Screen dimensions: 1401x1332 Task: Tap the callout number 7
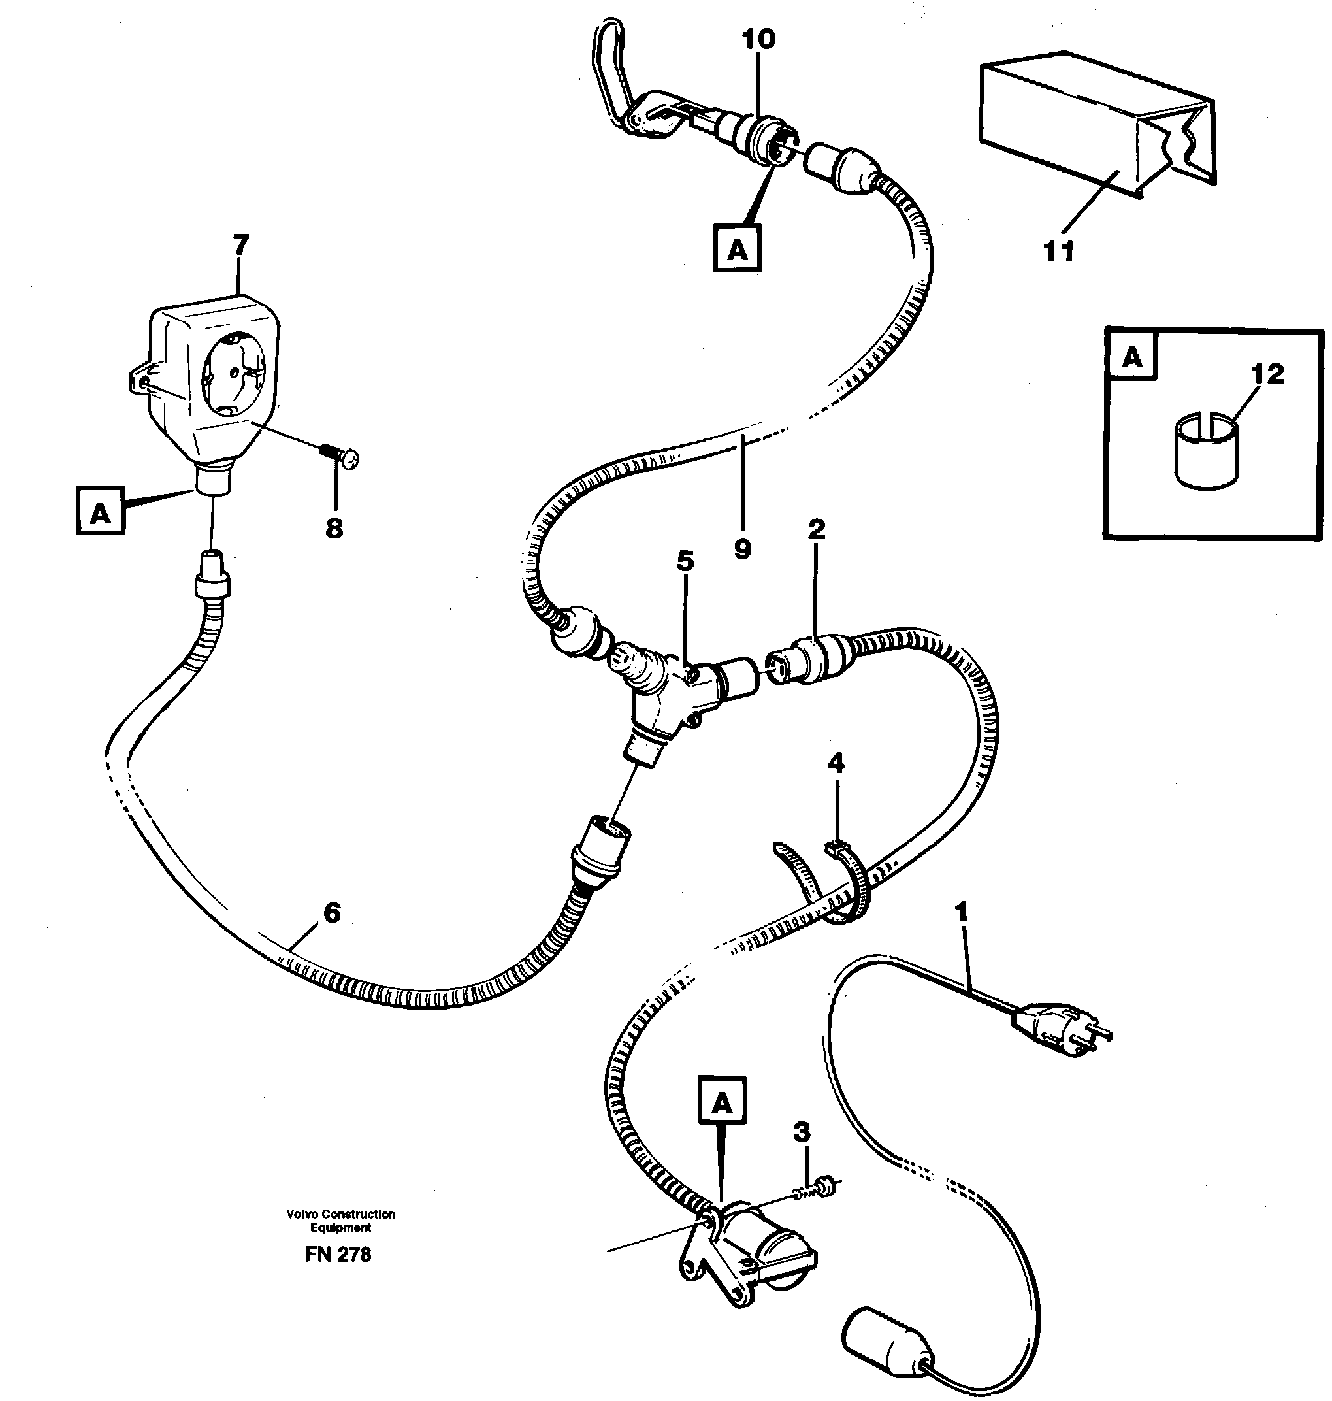[x=240, y=245]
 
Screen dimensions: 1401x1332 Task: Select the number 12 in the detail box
[x=1268, y=374]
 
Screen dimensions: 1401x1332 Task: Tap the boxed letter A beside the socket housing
[x=100, y=511]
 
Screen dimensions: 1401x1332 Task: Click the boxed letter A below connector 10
[x=737, y=248]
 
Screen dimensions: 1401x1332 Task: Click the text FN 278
[x=338, y=1254]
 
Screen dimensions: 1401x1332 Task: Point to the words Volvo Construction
[x=340, y=1213]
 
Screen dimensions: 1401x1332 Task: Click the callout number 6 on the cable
[x=332, y=912]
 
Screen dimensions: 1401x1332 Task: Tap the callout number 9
[x=742, y=548]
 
